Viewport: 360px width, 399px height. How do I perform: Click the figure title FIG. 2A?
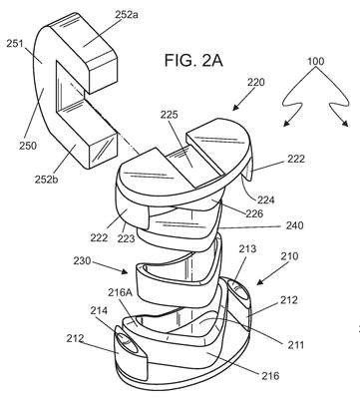click(x=193, y=61)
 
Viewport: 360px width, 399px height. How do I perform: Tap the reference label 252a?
click(x=127, y=15)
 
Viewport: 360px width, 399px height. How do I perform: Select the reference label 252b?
click(x=46, y=179)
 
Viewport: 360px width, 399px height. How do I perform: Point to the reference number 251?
click(x=15, y=43)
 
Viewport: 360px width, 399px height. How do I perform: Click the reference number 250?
click(x=27, y=146)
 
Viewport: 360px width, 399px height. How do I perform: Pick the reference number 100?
click(x=315, y=61)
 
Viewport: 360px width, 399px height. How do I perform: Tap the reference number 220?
click(x=255, y=82)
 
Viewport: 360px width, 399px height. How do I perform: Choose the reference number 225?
click(x=170, y=115)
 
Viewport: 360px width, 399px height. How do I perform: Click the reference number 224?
click(x=265, y=199)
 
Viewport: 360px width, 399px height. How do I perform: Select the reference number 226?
click(x=254, y=213)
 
